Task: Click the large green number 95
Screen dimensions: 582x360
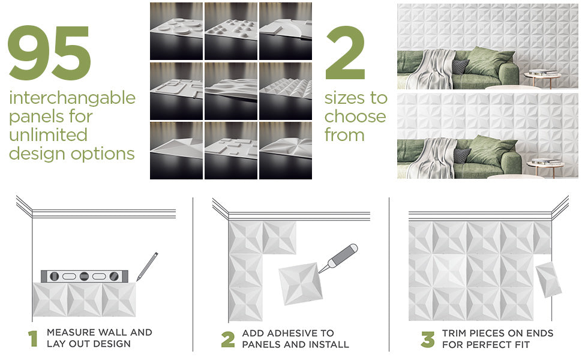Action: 49,53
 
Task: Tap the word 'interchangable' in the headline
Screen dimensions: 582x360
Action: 73,98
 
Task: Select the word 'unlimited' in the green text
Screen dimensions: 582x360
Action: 48,134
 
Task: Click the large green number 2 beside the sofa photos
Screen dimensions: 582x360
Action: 345,53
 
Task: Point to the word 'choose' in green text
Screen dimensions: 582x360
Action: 355,116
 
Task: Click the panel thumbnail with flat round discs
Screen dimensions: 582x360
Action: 176,31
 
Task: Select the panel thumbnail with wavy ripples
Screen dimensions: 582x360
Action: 231,91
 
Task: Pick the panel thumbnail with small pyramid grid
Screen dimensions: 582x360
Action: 286,91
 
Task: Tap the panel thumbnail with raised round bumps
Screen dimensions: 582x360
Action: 231,31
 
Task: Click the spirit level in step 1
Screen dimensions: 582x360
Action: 84,276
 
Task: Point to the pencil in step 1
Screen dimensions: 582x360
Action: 148,266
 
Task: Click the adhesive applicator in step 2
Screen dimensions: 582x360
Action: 338,259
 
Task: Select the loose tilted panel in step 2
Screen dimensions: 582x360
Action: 300,284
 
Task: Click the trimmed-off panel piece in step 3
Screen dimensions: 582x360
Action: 548,279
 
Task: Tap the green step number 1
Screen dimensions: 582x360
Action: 33,338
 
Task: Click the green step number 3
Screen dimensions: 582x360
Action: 428,339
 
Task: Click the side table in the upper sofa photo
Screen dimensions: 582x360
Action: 542,78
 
